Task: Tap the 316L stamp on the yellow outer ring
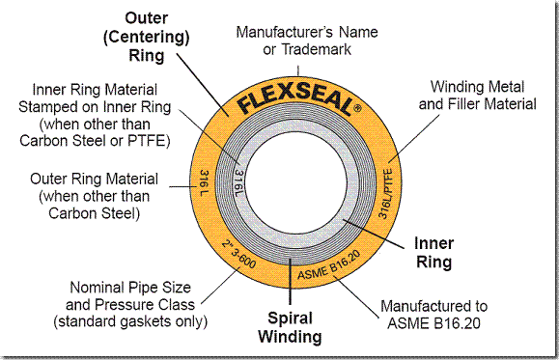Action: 205,180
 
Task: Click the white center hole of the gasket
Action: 293,180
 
